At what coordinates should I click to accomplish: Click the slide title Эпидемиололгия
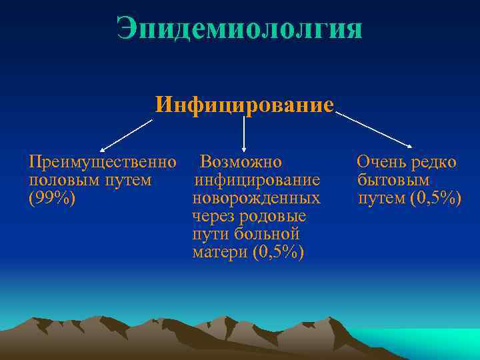tap(239, 29)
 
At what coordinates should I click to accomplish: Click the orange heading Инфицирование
tap(244, 105)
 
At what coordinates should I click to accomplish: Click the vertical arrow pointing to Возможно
tap(244, 133)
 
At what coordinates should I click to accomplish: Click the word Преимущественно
tap(103, 162)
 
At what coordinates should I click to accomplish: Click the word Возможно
tap(241, 162)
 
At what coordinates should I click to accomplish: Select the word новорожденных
tap(256, 199)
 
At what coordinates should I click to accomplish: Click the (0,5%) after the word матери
tap(279, 253)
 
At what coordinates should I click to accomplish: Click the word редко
tap(434, 162)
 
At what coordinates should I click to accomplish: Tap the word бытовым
tap(393, 180)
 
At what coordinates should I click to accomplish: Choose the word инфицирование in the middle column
tap(257, 180)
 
